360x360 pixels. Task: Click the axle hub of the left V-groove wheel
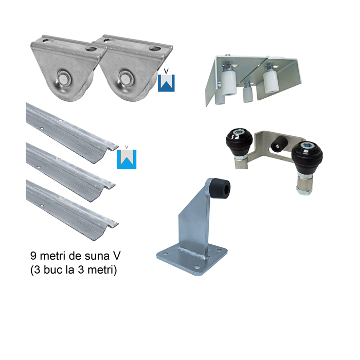click(x=64, y=77)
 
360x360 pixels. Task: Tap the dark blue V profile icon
click(x=166, y=83)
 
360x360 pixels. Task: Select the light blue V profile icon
click(x=127, y=159)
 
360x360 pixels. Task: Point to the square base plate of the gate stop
click(x=192, y=259)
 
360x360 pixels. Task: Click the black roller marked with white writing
click(x=239, y=139)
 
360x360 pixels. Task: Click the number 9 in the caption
click(x=33, y=256)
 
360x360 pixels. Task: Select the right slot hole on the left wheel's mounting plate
click(x=92, y=49)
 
